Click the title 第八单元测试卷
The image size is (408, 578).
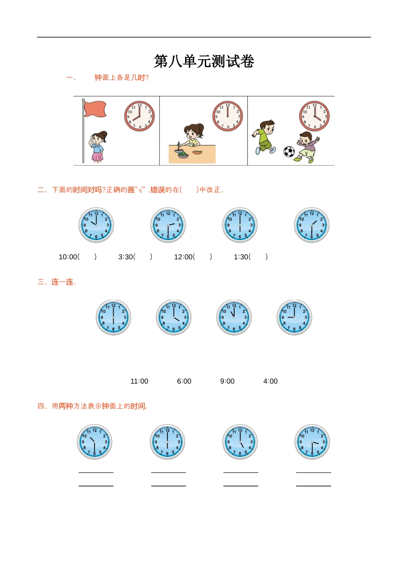[x=204, y=61]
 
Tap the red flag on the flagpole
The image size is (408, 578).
[x=95, y=109]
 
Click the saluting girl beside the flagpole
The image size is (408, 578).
[x=98, y=147]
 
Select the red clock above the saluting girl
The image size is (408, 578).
[x=140, y=116]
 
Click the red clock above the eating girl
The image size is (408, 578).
[x=228, y=116]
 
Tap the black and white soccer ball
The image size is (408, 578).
[x=289, y=151]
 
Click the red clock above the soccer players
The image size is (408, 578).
[x=314, y=116]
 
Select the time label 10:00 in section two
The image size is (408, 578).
[x=69, y=257]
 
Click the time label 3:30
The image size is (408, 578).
[x=126, y=257]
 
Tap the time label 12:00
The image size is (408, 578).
[x=184, y=257]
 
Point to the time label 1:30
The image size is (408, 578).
[x=242, y=257]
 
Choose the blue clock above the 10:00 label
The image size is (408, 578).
[x=96, y=225]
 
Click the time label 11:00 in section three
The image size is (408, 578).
[x=139, y=381]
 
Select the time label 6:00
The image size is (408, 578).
[x=184, y=381]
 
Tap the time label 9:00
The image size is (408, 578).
[x=227, y=381]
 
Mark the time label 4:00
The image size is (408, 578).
[x=271, y=381]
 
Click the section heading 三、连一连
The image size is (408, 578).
[x=57, y=282]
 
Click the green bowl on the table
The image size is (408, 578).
[x=183, y=154]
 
